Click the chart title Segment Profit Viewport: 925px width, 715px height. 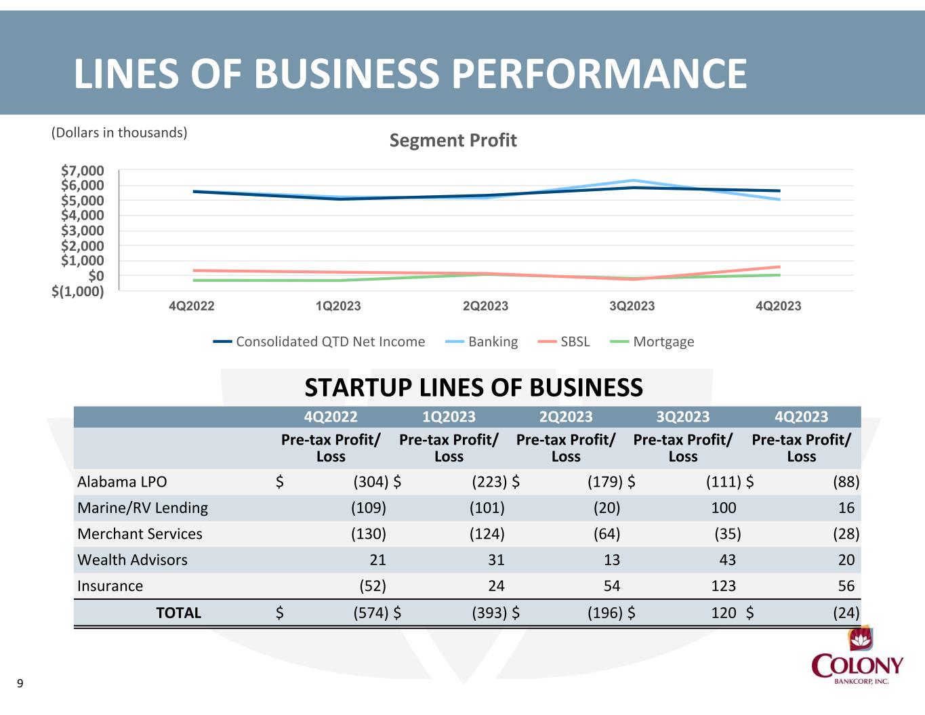[453, 140]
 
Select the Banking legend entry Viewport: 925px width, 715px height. [481, 342]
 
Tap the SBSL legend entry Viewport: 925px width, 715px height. [564, 342]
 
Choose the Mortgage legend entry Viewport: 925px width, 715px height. [652, 342]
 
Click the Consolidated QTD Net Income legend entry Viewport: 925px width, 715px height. [318, 342]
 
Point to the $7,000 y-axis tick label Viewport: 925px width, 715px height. [83, 170]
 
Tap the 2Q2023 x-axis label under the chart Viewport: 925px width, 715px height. [485, 306]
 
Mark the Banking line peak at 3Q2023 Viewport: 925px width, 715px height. [633, 180]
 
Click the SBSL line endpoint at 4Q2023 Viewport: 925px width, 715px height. [779, 267]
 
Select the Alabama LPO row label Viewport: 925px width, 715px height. [122, 482]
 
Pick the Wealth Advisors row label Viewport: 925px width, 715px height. [132, 560]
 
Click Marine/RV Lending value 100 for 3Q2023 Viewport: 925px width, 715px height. [723, 508]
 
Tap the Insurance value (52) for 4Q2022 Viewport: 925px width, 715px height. [373, 586]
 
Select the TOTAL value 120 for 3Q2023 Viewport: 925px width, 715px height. [723, 613]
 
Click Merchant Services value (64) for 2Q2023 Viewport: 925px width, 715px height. [607, 533]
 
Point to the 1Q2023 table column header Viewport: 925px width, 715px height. [449, 417]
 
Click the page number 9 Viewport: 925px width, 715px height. [20, 684]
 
